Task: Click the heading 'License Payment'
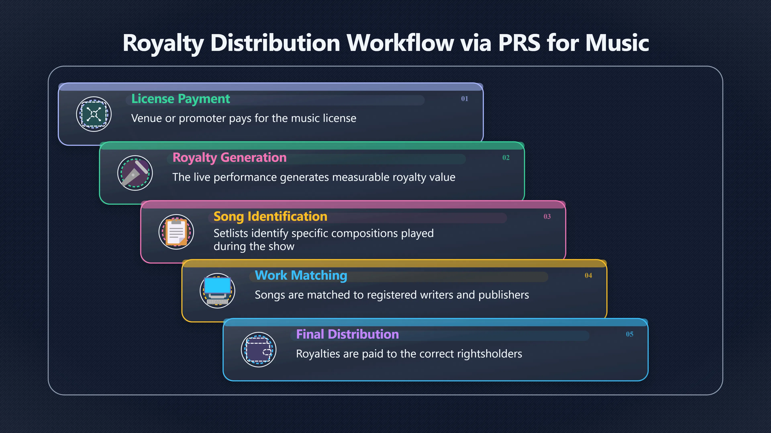click(x=181, y=99)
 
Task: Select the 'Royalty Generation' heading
click(x=229, y=158)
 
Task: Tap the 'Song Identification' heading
click(x=270, y=217)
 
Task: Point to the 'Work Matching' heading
click(x=301, y=275)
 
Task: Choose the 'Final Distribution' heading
click(x=347, y=334)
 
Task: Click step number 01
click(x=465, y=99)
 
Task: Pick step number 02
click(x=506, y=158)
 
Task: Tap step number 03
click(x=547, y=216)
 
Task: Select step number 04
click(x=588, y=275)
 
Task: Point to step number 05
click(x=630, y=334)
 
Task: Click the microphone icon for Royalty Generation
click(x=135, y=173)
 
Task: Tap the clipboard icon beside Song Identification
click(x=176, y=232)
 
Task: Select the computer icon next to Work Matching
click(x=218, y=291)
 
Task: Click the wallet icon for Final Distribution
click(x=259, y=350)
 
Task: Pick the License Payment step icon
click(x=94, y=114)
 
